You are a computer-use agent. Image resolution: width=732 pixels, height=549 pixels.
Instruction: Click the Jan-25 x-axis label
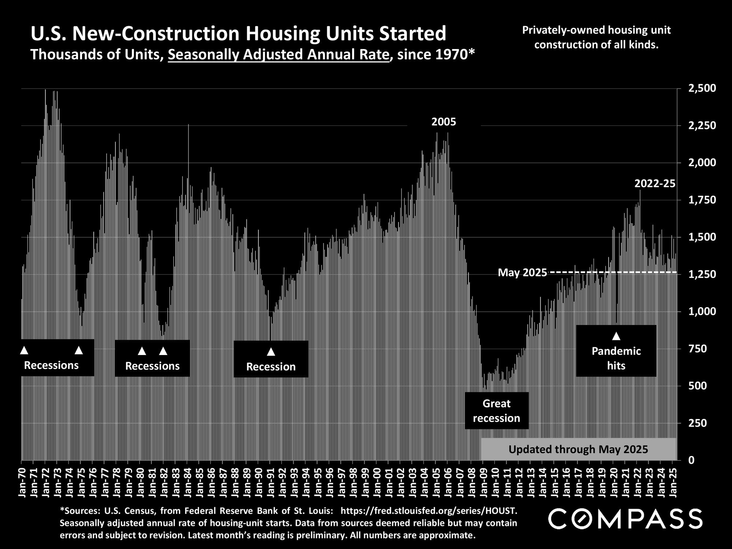(673, 482)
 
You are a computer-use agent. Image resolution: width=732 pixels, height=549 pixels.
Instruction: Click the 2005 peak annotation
(444, 122)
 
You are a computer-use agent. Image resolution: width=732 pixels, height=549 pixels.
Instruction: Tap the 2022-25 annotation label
(655, 183)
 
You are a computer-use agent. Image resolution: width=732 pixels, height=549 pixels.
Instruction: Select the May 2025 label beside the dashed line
(522, 273)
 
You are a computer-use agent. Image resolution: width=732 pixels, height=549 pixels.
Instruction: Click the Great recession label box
(496, 411)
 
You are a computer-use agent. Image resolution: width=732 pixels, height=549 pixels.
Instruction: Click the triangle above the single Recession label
(271, 352)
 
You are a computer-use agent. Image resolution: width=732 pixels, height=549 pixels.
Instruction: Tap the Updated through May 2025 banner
(578, 449)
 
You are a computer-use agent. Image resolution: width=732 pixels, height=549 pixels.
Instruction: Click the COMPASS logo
(625, 519)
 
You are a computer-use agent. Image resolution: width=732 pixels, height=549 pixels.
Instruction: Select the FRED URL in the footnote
(429, 510)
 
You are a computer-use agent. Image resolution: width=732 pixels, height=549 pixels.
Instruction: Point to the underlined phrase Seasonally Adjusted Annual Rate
(278, 55)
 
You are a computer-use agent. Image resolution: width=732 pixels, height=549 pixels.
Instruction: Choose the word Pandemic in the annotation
(616, 351)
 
